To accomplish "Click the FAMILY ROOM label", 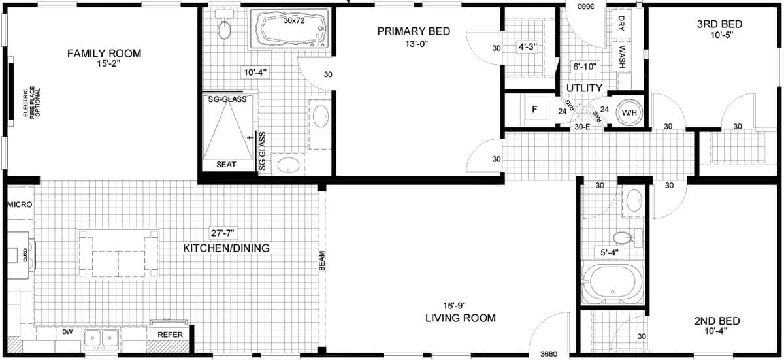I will [104, 53].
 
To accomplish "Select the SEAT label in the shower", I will [226, 165].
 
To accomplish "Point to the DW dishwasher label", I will [67, 333].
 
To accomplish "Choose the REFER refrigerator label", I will [169, 333].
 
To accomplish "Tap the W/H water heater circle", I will [629, 112].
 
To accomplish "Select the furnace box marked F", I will [534, 110].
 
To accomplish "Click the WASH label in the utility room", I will [622, 58].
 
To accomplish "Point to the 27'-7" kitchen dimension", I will [221, 233].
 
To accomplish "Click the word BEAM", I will [321, 261].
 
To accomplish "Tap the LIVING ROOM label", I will [460, 318].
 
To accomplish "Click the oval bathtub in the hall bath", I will [612, 283].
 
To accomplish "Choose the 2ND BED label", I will [717, 321].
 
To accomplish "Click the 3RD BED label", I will [719, 24].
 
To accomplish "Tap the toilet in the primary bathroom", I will [225, 27].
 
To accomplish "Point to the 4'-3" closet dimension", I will [527, 48].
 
